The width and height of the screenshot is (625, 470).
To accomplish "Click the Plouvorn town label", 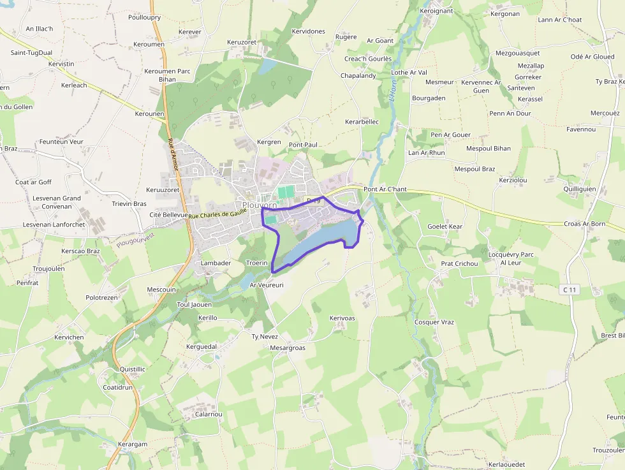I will point(260,205).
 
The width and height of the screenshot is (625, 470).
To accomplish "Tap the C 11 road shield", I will point(570,290).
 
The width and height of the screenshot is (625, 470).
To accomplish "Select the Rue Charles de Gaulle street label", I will point(217,215).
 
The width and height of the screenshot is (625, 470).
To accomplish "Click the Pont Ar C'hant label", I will point(385,189).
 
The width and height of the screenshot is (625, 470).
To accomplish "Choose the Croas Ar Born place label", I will point(584,224).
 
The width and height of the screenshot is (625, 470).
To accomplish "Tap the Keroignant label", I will point(436,11).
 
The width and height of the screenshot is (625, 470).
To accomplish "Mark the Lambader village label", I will point(216,263).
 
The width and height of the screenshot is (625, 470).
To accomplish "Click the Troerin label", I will point(256,263).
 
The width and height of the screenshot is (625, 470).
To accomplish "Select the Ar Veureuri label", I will point(266,285).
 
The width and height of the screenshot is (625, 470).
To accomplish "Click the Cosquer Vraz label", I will point(434,322).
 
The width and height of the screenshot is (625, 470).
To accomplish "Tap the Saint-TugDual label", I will point(31,53).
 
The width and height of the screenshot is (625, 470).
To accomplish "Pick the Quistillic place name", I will point(133,369).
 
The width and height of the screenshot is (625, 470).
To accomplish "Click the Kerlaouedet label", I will point(506,464).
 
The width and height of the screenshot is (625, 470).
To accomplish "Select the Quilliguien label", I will point(580,189).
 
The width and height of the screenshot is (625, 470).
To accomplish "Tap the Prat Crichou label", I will point(459,263).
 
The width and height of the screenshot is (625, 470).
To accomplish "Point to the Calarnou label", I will point(208,414).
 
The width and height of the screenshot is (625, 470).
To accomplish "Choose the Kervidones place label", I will point(308,31).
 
